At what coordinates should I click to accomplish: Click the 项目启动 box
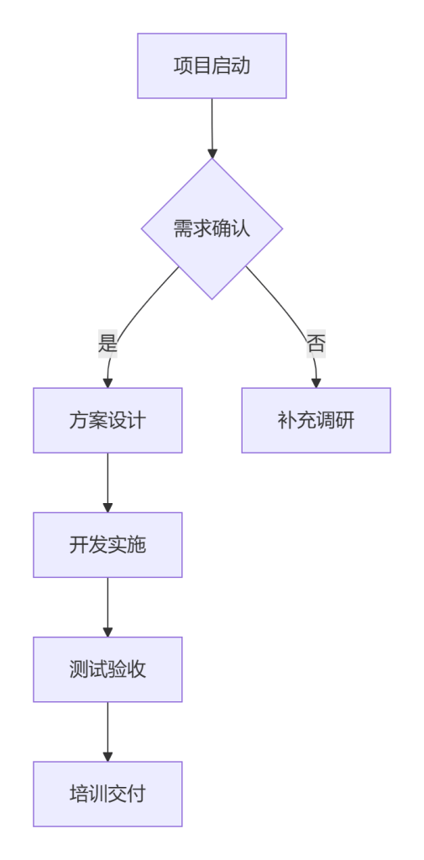coord(212,66)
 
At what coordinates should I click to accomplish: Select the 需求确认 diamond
coord(212,228)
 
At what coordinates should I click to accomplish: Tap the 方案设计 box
coord(107,421)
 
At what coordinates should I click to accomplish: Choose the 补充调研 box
coord(316,421)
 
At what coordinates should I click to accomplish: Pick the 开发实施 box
coord(107,545)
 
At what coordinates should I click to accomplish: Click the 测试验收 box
coord(107,669)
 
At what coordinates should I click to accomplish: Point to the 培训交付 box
coord(107,794)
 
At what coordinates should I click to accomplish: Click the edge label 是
coord(107,343)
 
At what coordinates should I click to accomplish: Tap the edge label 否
coord(316,343)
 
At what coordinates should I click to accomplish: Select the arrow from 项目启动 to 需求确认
coord(212,128)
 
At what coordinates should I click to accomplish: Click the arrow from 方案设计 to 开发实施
coord(107,483)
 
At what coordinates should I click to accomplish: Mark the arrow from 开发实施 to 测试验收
coord(107,607)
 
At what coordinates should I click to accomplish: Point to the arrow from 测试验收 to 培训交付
coord(107,732)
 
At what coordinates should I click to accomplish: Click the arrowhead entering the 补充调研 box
coord(316,383)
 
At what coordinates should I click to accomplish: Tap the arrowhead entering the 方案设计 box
coord(107,383)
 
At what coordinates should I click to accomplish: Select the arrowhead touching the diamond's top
coord(212,153)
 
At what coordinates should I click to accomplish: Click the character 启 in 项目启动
coord(222,66)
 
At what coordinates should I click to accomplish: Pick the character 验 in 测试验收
coord(118,669)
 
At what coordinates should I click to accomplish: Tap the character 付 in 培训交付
coord(137,794)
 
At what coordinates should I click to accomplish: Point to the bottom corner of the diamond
coord(212,300)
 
